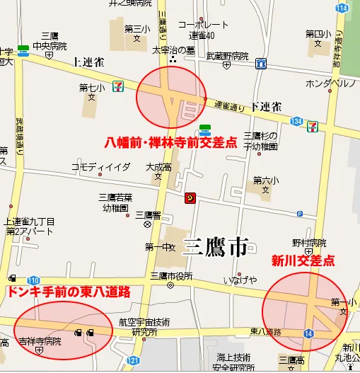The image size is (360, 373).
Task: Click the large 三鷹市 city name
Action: (x=215, y=247)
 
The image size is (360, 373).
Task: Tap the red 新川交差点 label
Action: (x=303, y=261)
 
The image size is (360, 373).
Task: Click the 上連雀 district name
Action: (x=88, y=62)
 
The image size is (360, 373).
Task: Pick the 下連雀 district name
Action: (x=266, y=107)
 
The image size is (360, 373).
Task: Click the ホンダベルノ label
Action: (x=329, y=84)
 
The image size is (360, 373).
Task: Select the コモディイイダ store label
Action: (x=100, y=166)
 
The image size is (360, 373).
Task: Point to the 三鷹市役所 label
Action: (x=171, y=276)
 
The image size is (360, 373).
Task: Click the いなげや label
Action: (x=240, y=280)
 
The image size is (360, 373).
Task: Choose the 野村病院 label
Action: (x=308, y=242)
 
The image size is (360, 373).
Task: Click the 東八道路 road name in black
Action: (x=265, y=331)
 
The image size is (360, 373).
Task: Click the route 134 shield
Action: (x=296, y=122)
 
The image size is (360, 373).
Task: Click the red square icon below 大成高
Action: (x=189, y=197)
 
